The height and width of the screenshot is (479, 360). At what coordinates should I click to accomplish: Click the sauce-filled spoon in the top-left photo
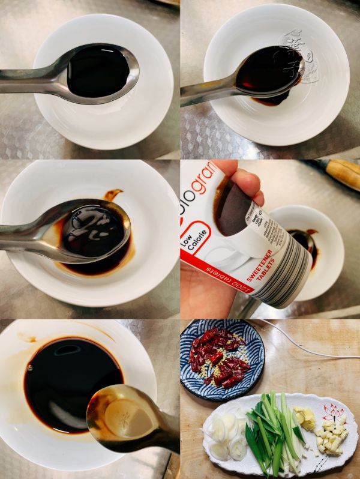(x=99, y=70)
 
